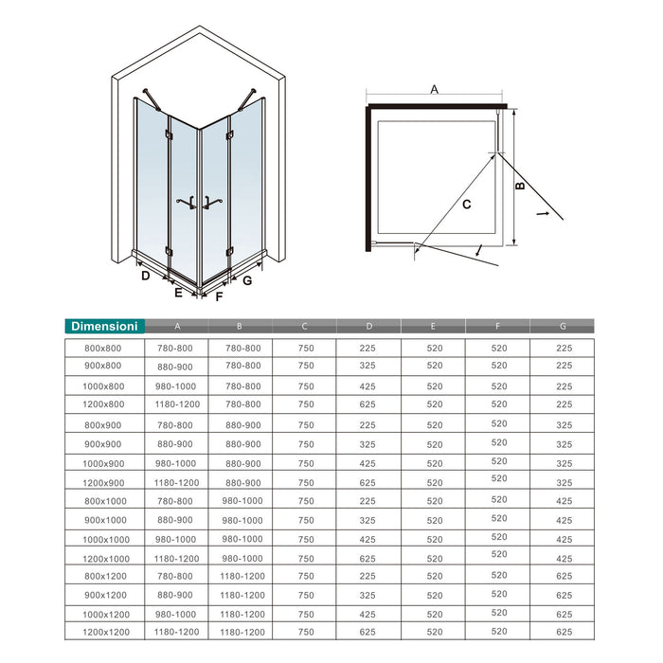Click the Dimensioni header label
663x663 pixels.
[x=105, y=326]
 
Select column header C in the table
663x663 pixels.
[x=304, y=327]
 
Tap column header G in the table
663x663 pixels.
[x=563, y=327]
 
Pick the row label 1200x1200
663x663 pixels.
[x=105, y=630]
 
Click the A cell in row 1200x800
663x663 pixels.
[x=175, y=404]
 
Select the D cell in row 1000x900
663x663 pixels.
[x=367, y=463]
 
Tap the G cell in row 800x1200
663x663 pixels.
[x=563, y=575]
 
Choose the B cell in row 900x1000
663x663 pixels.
[x=242, y=519]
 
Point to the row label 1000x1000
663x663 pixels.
[x=105, y=538]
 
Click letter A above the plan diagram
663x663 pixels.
[x=434, y=90]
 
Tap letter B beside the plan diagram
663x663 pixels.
[x=520, y=187]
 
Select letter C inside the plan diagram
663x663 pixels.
[x=467, y=203]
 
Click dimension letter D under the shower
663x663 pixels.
[x=145, y=276]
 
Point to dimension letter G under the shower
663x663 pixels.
[x=246, y=280]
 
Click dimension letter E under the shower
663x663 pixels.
[x=177, y=294]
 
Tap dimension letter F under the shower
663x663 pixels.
[x=219, y=296]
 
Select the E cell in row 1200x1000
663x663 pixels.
[x=433, y=557]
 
